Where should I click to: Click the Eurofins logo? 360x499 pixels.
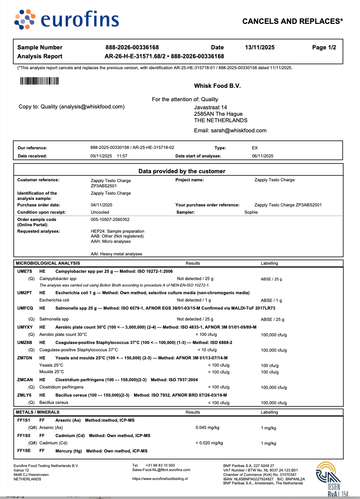point(66,20)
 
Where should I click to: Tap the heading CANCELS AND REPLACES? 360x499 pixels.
point(292,21)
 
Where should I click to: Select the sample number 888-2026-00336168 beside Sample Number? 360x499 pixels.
point(132,47)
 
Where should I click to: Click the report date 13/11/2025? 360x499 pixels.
point(260,47)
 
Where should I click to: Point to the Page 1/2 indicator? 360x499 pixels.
point(324,47)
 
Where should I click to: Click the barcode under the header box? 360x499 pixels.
point(39,81)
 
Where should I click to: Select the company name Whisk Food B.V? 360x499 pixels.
point(217,86)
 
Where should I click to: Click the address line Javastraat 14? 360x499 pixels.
point(211,107)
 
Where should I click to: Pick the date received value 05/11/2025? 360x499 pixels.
point(101,156)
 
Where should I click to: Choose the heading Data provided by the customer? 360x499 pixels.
point(182,171)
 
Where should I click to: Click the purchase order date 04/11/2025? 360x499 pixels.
point(102,205)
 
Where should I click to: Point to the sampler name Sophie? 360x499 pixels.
point(251,212)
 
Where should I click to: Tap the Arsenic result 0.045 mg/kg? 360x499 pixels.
point(207,427)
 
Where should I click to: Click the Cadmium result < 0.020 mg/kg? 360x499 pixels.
point(209,443)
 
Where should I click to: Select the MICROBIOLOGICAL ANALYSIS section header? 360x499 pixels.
point(48,263)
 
